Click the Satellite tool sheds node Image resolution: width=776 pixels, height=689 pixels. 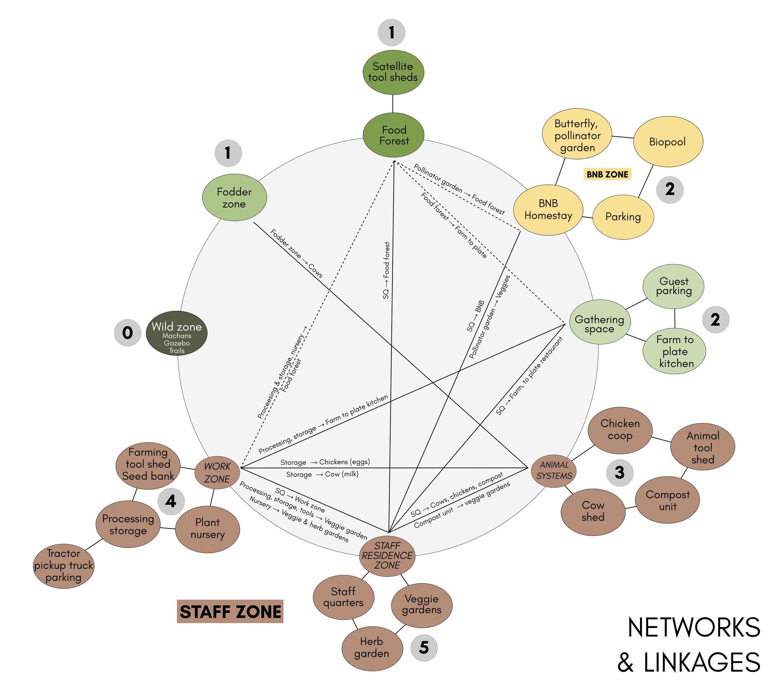pyautogui.click(x=393, y=72)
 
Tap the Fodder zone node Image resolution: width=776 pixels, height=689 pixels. pyautogui.click(x=234, y=197)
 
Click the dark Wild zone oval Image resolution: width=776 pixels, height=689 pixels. pyautogui.click(x=177, y=333)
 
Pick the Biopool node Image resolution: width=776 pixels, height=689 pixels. pyautogui.click(x=668, y=142)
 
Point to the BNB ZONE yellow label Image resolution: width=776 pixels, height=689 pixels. pyautogui.click(x=607, y=174)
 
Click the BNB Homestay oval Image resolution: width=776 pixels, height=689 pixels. pyautogui.click(x=548, y=210)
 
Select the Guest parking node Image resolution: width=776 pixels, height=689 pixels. pyautogui.click(x=673, y=286)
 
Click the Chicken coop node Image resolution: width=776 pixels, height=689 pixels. pyautogui.click(x=620, y=430)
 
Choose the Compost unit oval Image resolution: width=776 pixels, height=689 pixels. pyautogui.click(x=667, y=500)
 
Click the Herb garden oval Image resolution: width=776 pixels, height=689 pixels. pyautogui.click(x=372, y=648)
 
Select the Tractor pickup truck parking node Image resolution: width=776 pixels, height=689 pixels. pyautogui.click(x=63, y=565)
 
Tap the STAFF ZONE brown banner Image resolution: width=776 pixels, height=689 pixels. pyautogui.click(x=230, y=611)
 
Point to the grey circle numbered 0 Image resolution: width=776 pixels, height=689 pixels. pyautogui.click(x=128, y=333)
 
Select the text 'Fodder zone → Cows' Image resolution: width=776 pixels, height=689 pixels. pyautogui.click(x=296, y=253)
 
